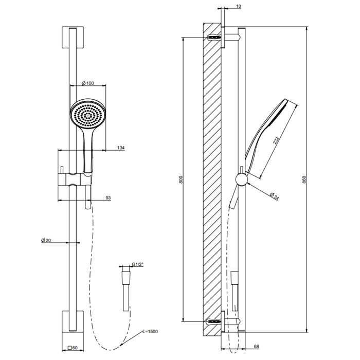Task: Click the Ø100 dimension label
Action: coord(88,83)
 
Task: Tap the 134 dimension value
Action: coord(121,148)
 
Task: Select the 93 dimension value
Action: coord(108,197)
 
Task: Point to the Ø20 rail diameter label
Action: coord(46,240)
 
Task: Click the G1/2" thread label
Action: coord(137,264)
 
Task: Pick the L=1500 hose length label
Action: coord(150,332)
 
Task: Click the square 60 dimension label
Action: coord(73,348)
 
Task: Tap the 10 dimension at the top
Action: coord(239,6)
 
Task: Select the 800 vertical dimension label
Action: coord(181,179)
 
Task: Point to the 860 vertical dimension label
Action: coord(304,179)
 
